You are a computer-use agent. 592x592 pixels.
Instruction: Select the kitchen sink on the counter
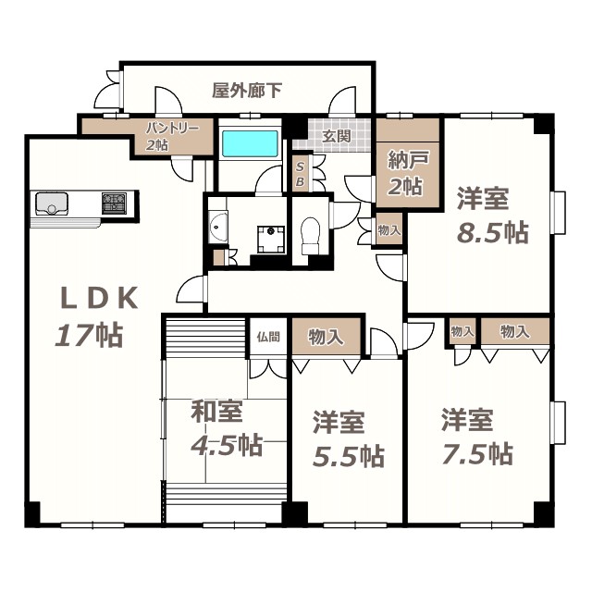pos(52,203)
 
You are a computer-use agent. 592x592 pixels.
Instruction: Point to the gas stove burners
pos(115,201)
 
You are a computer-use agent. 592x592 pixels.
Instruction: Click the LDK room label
pos(99,298)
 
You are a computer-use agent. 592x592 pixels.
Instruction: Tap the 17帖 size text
pos(89,334)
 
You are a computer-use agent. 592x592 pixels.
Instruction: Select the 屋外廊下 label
pos(247,91)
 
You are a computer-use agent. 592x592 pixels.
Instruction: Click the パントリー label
pos(171,129)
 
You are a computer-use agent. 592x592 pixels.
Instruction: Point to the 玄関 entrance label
pos(335,137)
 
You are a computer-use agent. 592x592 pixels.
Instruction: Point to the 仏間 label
pos(268,337)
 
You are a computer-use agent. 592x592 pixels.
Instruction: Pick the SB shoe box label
pos(300,175)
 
